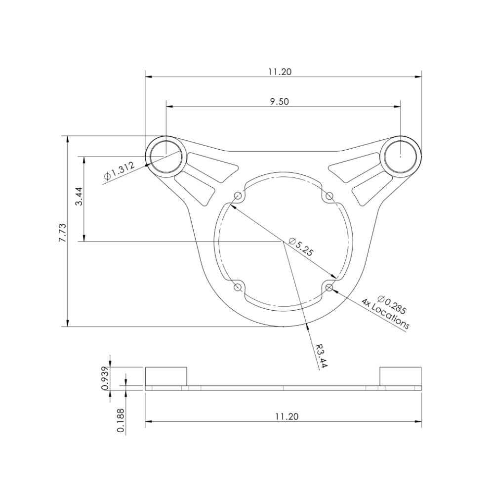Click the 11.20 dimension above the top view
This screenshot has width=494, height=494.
click(x=280, y=72)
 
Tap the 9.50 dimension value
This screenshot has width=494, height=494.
click(x=280, y=101)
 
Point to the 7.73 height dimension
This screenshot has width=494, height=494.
click(x=62, y=232)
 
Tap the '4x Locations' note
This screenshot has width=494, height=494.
click(x=385, y=314)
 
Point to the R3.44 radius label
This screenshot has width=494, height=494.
click(x=322, y=354)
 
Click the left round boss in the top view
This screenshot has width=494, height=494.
click(x=166, y=155)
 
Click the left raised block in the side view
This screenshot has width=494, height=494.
click(x=166, y=376)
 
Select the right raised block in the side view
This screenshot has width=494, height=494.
click(x=400, y=376)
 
